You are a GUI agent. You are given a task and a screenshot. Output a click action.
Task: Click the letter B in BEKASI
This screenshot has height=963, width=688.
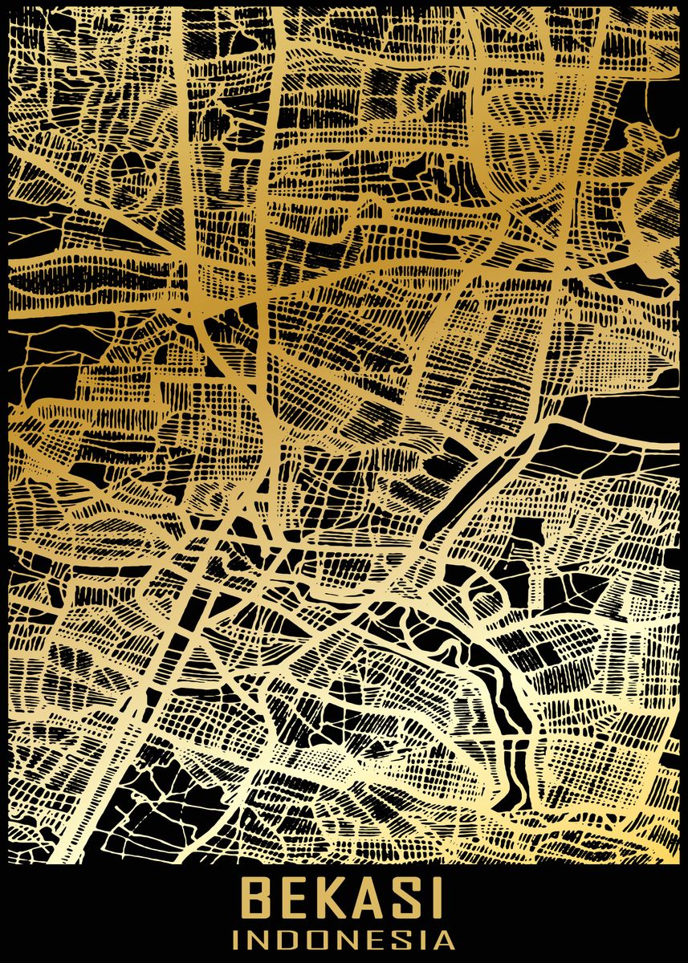tap(257, 899)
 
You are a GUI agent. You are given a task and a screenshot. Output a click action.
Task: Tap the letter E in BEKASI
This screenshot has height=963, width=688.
tap(293, 899)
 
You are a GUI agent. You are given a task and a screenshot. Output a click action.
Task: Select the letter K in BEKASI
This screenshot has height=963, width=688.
tap(329, 899)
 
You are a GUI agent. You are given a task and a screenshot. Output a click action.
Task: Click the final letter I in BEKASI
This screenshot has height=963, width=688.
tap(434, 899)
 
